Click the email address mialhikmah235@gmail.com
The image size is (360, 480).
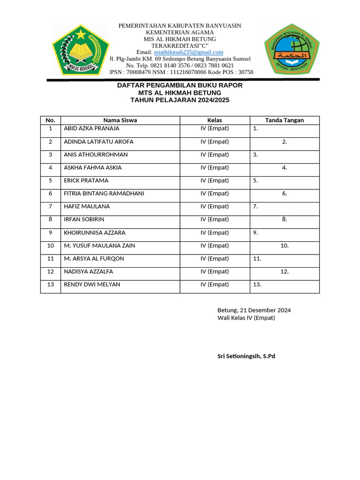point(188,52)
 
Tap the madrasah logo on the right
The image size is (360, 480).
point(291,49)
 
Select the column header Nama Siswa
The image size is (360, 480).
point(120,120)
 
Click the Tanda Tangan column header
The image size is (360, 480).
point(284,120)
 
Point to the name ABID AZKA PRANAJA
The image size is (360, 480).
point(91,128)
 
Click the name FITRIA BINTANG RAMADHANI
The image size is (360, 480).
point(104,194)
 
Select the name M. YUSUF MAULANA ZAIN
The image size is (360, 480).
point(99,246)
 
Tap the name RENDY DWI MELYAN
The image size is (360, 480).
point(92,285)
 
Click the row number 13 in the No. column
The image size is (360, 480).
point(50,285)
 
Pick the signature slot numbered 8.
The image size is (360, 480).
point(284,219)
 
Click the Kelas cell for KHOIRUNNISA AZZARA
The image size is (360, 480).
point(215,232)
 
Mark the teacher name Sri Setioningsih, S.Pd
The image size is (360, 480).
point(246,356)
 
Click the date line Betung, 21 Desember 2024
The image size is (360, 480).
point(254,310)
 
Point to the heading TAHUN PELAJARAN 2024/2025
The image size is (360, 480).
point(180,100)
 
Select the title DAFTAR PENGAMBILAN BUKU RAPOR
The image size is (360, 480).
point(180,86)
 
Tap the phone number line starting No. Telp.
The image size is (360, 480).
point(180,66)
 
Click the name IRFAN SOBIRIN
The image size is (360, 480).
point(84,219)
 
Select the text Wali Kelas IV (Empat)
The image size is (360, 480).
point(246,318)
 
